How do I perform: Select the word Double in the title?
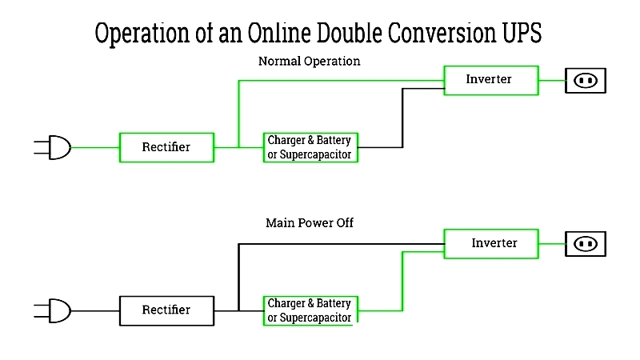(x=350, y=33)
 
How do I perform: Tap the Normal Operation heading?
(x=310, y=62)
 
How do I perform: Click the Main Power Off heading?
(x=310, y=223)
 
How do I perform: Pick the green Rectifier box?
(x=166, y=147)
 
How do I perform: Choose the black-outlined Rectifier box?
(x=166, y=310)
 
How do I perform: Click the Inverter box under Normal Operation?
(x=491, y=81)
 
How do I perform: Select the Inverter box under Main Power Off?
(x=491, y=244)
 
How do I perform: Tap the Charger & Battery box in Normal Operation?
(x=310, y=147)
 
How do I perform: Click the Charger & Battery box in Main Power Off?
(x=310, y=310)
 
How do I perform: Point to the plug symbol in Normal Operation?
(x=53, y=147)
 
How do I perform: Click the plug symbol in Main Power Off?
(x=53, y=310)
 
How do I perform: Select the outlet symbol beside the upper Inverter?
(x=586, y=81)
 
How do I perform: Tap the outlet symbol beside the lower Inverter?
(x=586, y=244)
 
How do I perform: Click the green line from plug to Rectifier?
(x=95, y=147)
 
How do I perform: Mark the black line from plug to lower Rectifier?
(x=95, y=310)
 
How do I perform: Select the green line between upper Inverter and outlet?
(x=552, y=81)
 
